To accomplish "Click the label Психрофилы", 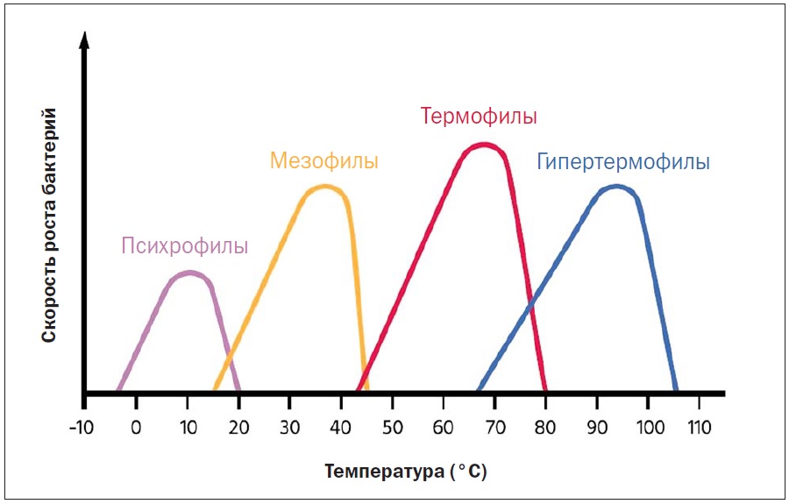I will click(184, 246).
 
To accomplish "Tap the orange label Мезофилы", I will click(324, 161).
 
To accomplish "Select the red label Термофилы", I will click(478, 117).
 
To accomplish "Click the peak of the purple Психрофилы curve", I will click(188, 273).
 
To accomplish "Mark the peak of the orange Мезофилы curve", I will click(325, 187).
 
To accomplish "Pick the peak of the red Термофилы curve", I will click(484, 145).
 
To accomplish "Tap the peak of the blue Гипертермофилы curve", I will click(617, 186).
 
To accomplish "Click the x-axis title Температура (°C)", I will click(405, 472).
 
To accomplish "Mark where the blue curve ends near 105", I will click(675, 390).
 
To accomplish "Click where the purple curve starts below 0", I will click(117, 390).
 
